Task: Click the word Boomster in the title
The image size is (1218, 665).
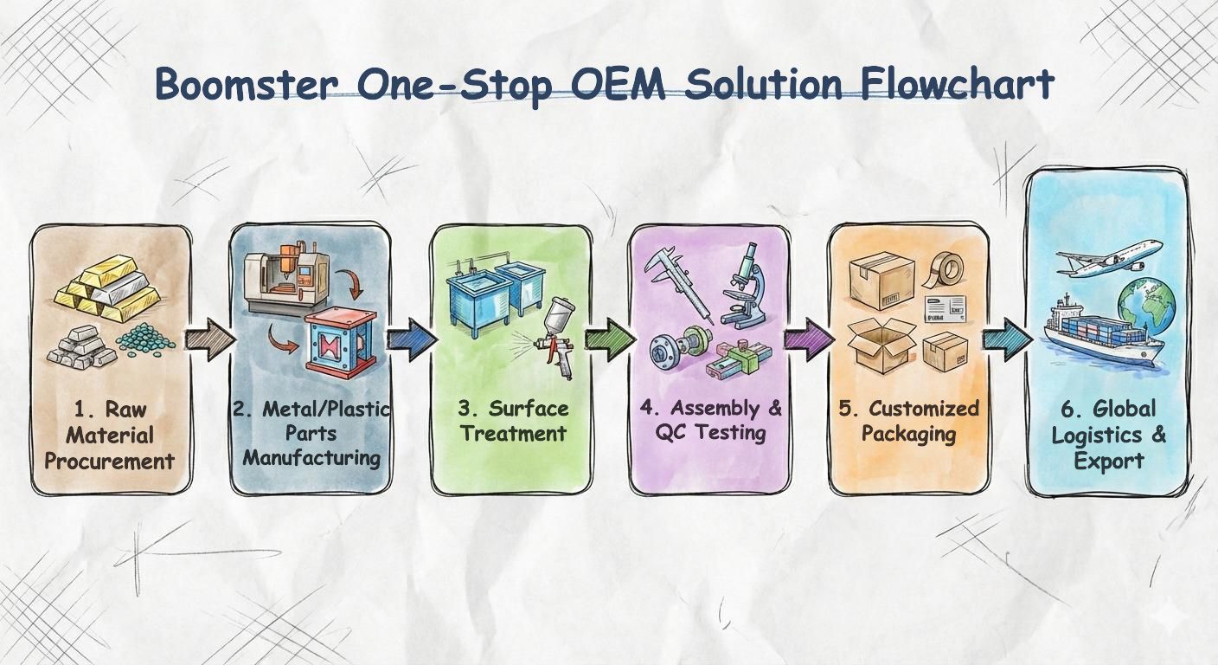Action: (x=245, y=85)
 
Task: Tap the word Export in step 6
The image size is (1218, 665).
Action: (x=1108, y=461)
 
